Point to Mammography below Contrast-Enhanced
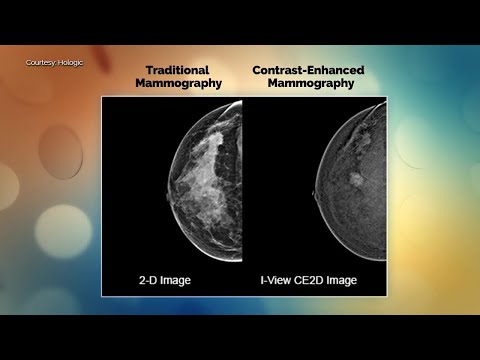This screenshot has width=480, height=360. pos(311,84)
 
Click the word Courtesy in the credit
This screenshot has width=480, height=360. pos(42,64)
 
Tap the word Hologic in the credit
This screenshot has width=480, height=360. pos(69,64)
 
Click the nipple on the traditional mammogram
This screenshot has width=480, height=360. pos(167,198)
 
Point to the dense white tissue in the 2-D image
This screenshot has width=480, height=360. pos(215,185)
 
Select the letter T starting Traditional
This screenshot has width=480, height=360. pos(149,70)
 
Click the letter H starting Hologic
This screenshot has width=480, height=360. pos(60,64)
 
